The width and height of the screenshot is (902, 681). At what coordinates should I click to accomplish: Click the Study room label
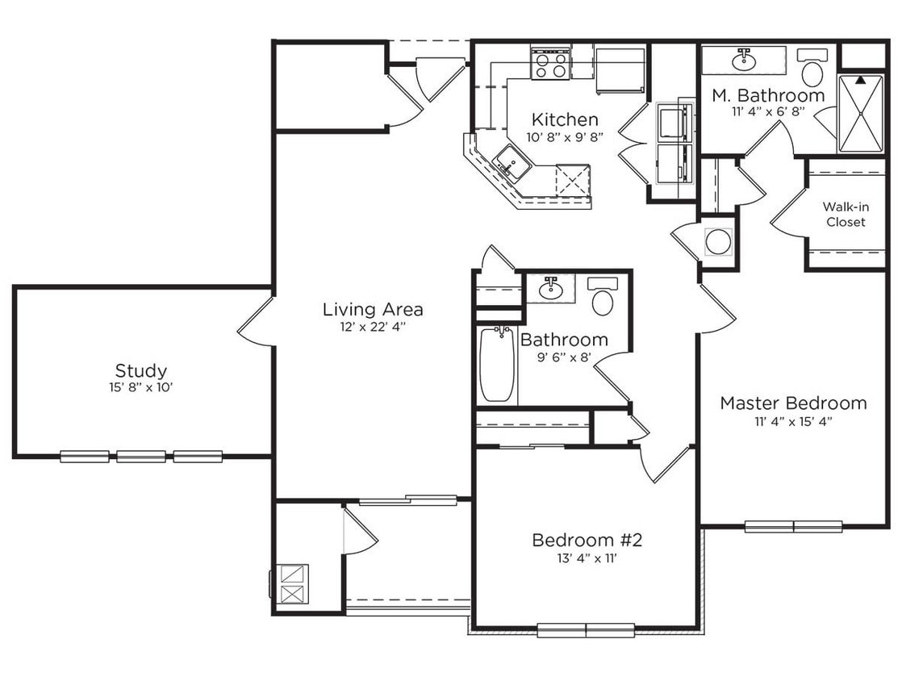141,371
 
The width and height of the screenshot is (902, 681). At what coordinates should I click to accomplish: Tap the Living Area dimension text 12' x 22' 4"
372,327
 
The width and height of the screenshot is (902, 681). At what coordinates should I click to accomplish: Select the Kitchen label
565,120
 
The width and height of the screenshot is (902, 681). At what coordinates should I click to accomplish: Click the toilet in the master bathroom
812,70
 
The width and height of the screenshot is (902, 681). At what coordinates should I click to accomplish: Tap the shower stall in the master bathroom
860,113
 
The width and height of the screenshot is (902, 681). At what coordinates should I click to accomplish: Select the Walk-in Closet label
845,214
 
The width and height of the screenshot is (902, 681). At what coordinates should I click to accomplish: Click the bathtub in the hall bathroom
497,365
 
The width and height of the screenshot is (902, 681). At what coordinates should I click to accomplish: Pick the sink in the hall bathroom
552,286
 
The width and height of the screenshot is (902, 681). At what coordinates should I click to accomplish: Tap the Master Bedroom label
793,403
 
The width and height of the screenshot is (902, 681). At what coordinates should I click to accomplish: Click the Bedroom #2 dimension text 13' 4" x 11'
586,558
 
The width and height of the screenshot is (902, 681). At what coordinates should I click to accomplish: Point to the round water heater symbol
717,240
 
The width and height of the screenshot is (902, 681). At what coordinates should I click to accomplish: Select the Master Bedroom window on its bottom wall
793,527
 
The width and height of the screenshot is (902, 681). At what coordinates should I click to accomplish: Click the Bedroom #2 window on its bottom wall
586,629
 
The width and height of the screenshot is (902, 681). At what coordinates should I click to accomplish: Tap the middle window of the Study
141,457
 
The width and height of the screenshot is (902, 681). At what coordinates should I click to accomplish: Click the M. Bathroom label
768,95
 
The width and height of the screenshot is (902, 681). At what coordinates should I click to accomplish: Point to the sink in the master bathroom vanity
743,59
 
